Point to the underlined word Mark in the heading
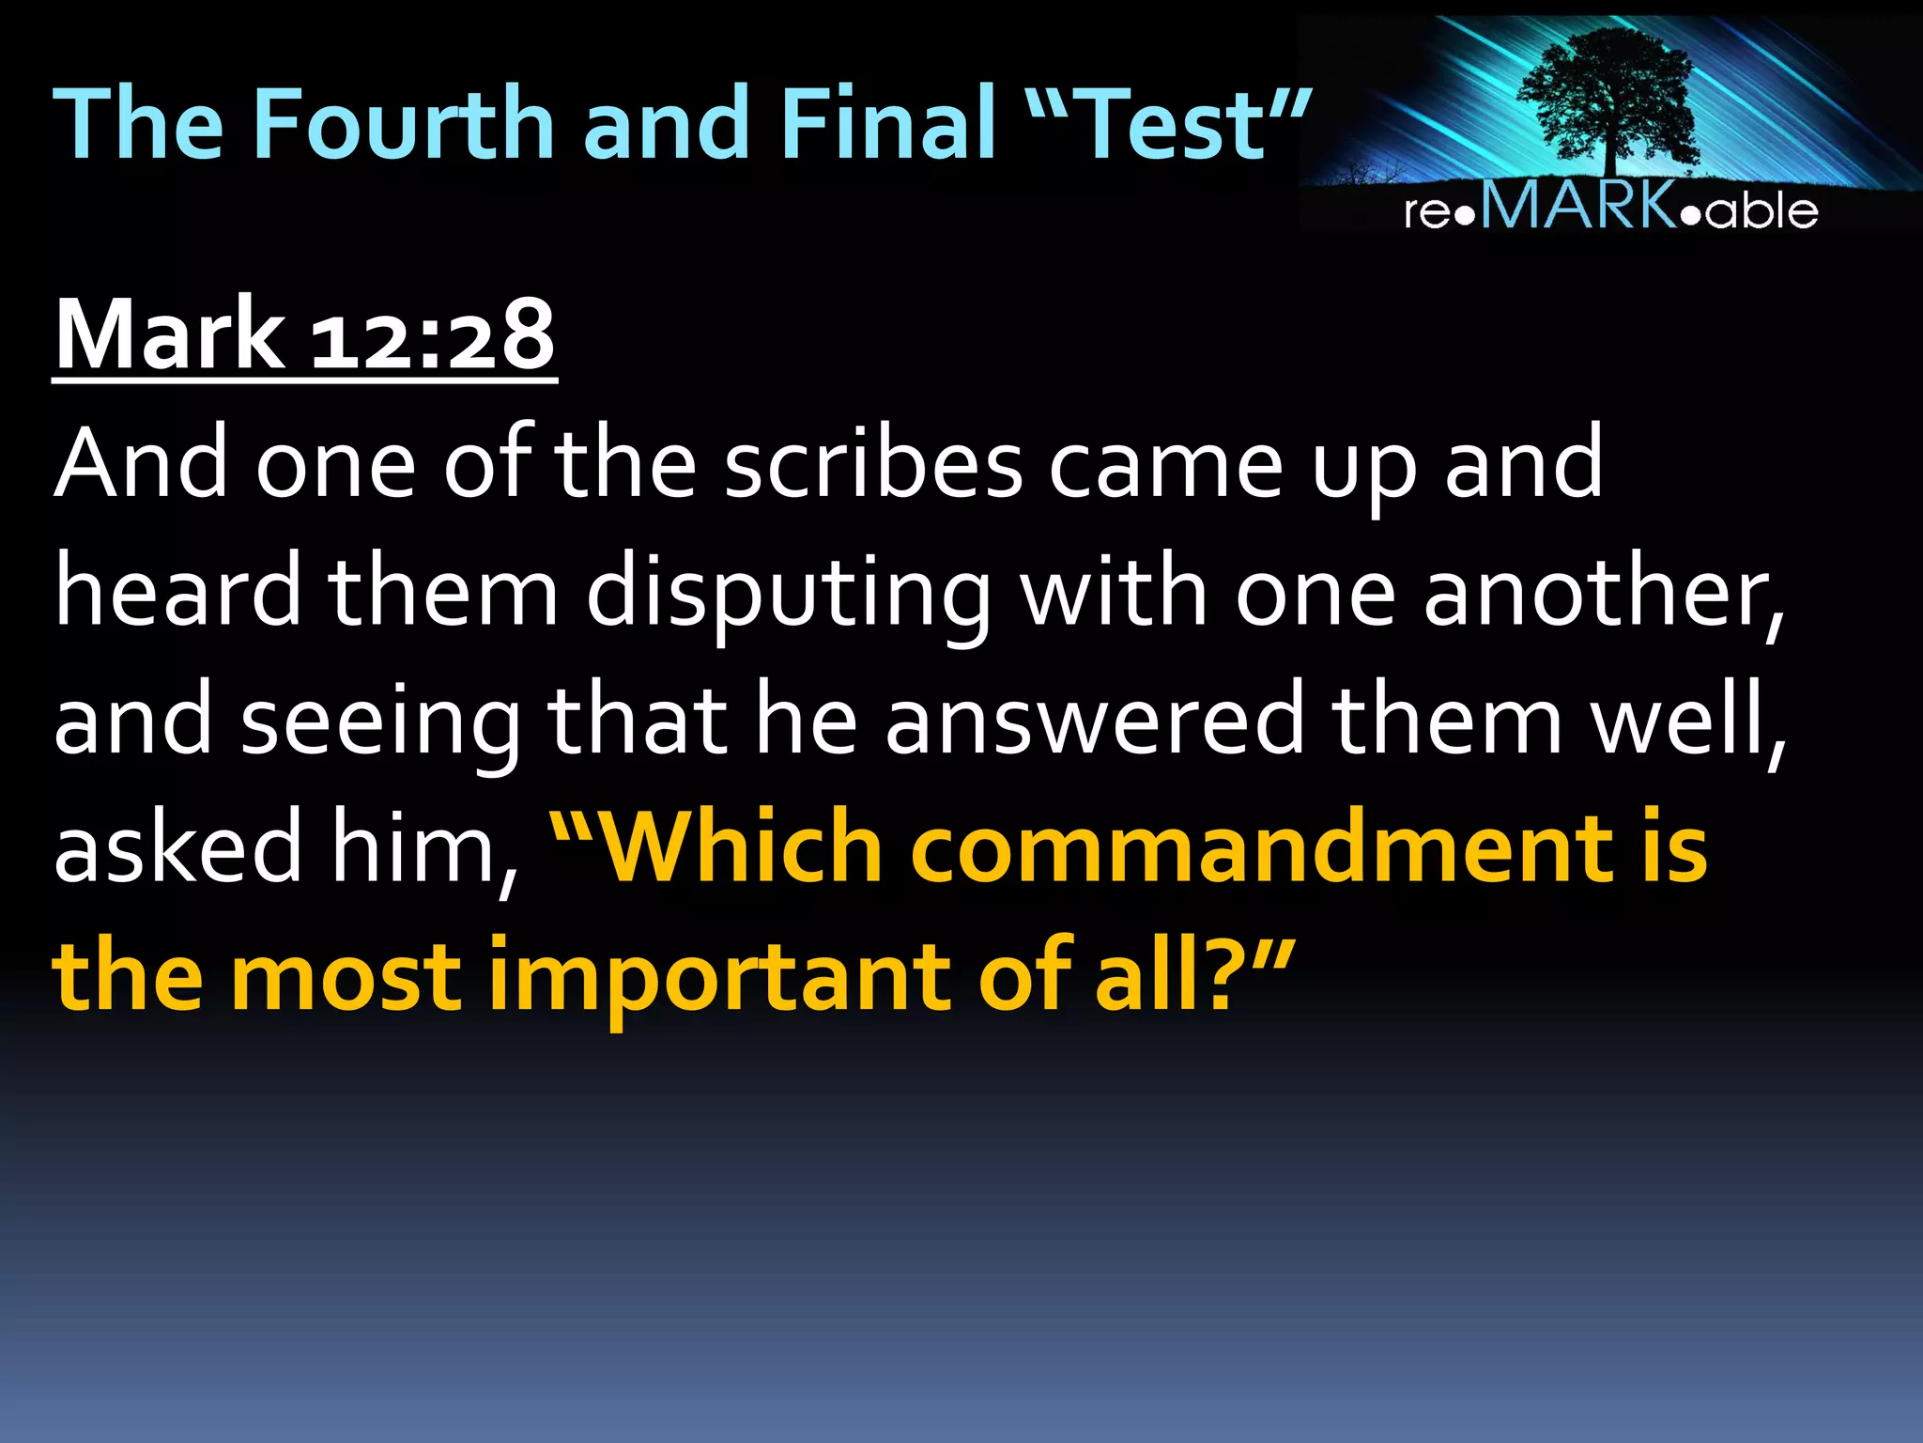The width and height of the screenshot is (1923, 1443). click(169, 334)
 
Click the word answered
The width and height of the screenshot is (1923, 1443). click(1094, 721)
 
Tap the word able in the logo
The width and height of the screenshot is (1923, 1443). click(1762, 210)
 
